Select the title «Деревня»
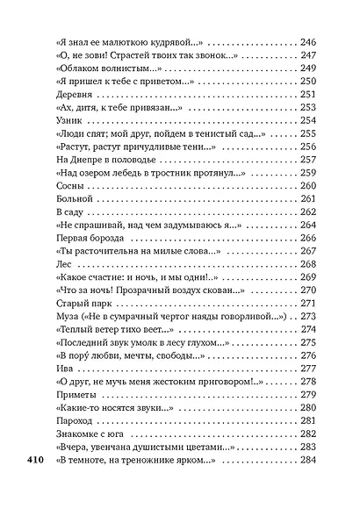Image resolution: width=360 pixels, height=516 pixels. (74, 93)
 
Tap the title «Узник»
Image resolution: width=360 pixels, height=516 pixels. (68, 119)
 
